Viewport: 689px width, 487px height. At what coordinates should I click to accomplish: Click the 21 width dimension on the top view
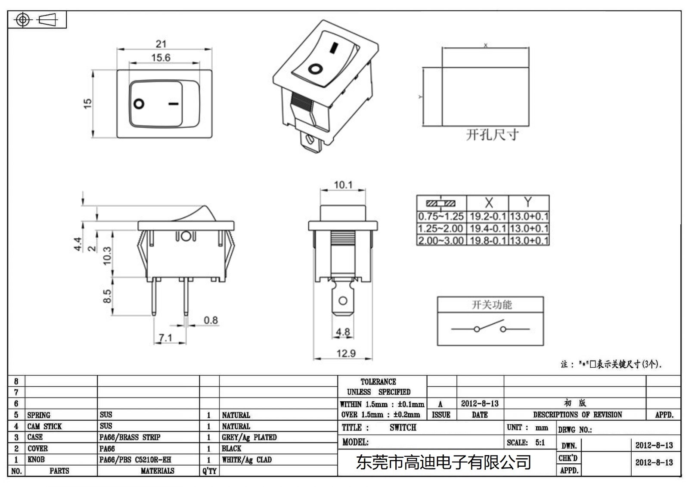pyautogui.click(x=161, y=44)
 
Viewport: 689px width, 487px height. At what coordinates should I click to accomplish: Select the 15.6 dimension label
pyautogui.click(x=161, y=58)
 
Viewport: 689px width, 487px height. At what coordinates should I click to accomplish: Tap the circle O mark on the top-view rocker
pyautogui.click(x=139, y=104)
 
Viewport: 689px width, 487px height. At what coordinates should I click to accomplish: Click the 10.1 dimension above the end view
pyautogui.click(x=343, y=185)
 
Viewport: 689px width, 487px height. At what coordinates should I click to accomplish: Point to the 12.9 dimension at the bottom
pyautogui.click(x=346, y=354)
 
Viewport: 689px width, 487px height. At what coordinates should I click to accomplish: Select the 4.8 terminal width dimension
pyautogui.click(x=343, y=332)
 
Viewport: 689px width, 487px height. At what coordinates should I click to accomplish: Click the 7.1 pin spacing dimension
pyautogui.click(x=165, y=338)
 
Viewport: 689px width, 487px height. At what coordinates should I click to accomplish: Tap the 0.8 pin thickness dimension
pyautogui.click(x=211, y=320)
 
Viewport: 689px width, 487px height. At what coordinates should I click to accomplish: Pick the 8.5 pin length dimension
pyautogui.click(x=107, y=296)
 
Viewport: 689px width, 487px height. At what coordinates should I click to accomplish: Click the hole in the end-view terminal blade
pyautogui.click(x=343, y=301)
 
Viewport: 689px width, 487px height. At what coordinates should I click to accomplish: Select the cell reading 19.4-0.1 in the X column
pyautogui.click(x=487, y=228)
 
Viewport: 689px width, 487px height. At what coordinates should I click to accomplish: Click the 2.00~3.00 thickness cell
pyautogui.click(x=441, y=240)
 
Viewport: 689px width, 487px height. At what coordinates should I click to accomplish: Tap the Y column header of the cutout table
pyautogui.click(x=528, y=202)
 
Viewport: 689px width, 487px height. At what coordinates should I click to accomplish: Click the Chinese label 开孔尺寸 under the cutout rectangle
pyautogui.click(x=492, y=135)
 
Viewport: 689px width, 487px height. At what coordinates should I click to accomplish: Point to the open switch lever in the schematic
pyautogui.click(x=490, y=324)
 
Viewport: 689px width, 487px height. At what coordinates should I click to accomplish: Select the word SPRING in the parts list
pyautogui.click(x=39, y=415)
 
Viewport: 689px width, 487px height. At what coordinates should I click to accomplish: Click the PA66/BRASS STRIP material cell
pyautogui.click(x=130, y=437)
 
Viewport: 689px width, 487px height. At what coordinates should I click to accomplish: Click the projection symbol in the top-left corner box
pyautogui.click(x=37, y=20)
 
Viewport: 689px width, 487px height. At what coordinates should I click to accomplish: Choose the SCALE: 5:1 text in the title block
pyautogui.click(x=526, y=443)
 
